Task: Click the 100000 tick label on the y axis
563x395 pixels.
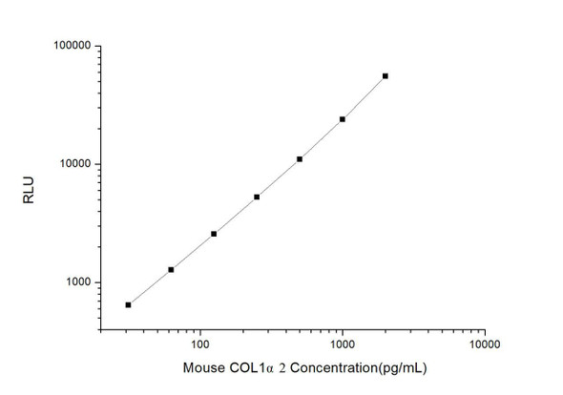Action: click(x=69, y=46)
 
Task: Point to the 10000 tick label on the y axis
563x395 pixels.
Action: click(x=72, y=164)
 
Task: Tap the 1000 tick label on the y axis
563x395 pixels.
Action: click(x=74, y=282)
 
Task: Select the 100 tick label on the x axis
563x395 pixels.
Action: click(x=199, y=343)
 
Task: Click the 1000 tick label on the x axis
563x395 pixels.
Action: click(x=342, y=343)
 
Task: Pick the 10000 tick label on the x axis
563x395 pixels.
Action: click(x=484, y=343)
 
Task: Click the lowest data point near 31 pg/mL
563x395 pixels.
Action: click(x=128, y=304)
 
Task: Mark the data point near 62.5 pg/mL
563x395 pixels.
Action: click(x=171, y=270)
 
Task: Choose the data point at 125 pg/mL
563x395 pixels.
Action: click(x=214, y=234)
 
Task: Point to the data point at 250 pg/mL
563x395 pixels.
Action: click(x=257, y=197)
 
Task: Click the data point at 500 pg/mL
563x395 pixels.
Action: click(x=300, y=158)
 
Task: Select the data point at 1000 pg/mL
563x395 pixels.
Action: click(x=343, y=119)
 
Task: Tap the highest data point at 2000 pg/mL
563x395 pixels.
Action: click(x=386, y=75)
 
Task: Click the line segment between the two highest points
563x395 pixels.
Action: click(x=364, y=97)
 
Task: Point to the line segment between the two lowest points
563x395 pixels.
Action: click(x=149, y=287)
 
